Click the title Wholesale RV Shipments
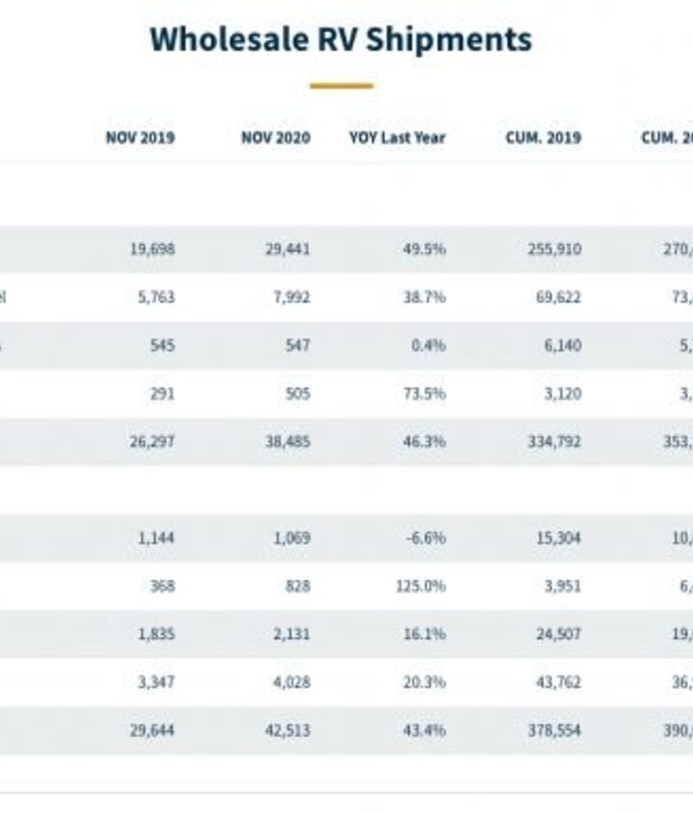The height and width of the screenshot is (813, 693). tap(341, 39)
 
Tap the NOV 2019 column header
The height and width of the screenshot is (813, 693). tap(140, 138)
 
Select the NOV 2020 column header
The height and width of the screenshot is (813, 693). tap(275, 138)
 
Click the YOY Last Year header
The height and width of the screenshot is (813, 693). tap(397, 138)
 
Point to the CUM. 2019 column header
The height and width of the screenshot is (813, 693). tap(544, 138)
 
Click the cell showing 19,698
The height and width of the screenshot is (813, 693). tap(152, 249)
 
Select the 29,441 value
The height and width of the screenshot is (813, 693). tap(288, 249)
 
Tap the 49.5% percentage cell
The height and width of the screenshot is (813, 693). tap(423, 249)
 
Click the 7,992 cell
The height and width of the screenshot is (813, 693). tap(293, 297)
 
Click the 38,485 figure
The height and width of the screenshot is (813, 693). tap(288, 442)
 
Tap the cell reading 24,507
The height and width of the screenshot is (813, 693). tap(558, 634)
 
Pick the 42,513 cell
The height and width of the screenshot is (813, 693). tap(288, 730)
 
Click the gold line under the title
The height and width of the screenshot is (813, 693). tap(341, 86)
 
